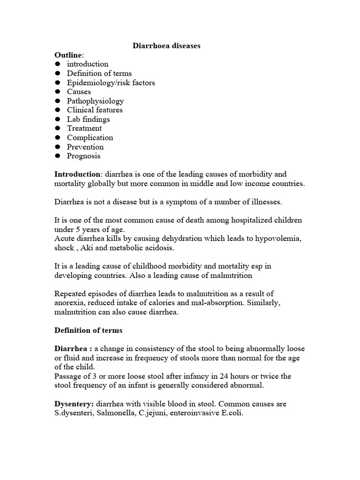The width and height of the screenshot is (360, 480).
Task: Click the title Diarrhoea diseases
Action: tap(166, 46)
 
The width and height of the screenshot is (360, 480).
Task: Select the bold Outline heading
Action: tap(67, 55)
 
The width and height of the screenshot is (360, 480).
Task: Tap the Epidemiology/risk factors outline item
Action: tap(111, 82)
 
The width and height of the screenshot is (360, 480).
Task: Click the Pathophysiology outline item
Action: tap(95, 101)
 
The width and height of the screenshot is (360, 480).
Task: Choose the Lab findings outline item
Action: tap(88, 119)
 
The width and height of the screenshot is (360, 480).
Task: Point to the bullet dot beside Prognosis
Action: tap(58, 156)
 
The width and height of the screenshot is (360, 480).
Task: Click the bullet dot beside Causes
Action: tap(58, 92)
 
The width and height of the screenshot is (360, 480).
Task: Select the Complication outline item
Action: tap(90, 137)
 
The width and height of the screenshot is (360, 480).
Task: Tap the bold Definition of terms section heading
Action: tap(89, 330)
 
